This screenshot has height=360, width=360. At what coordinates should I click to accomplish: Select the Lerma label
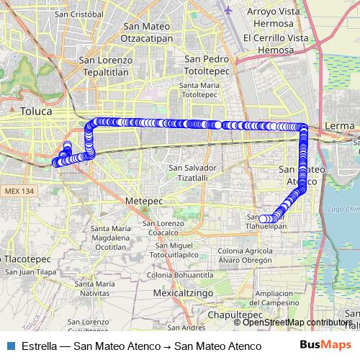340,126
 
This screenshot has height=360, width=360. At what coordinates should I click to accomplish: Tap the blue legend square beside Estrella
9,346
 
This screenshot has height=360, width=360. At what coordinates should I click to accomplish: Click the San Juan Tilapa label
31,271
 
